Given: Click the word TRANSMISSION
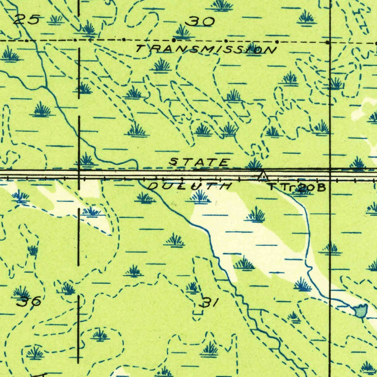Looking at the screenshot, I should [x=205, y=49].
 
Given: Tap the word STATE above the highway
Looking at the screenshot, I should [x=200, y=162].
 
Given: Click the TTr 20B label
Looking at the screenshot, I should [x=297, y=187].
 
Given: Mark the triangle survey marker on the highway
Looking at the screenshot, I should [x=263, y=176].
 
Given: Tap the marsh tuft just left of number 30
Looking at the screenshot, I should [x=183, y=32].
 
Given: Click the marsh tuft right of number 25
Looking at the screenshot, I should [x=56, y=19].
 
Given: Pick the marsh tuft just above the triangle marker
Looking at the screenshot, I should [x=254, y=164].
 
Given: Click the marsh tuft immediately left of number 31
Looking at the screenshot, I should [x=192, y=287].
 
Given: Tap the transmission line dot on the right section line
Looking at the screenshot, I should [x=328, y=43].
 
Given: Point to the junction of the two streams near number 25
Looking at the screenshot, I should [x=46, y=87].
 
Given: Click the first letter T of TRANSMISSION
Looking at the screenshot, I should [x=140, y=48].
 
